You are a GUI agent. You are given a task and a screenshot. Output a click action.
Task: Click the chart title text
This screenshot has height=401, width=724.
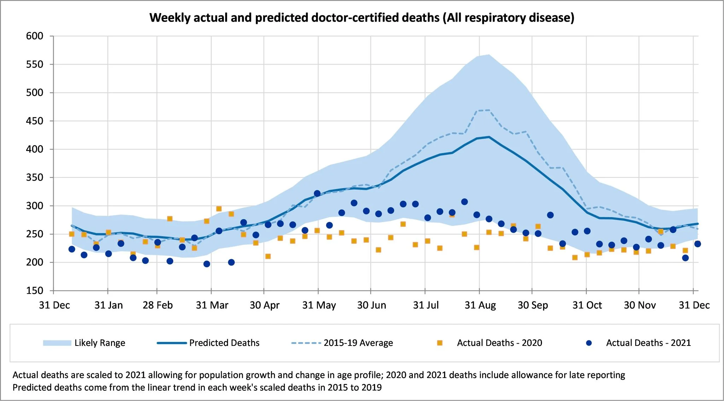(x=362, y=17)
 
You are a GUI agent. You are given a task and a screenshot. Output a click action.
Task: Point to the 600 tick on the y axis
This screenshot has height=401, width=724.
(x=35, y=36)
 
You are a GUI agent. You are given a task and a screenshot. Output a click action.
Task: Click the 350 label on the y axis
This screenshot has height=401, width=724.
(x=35, y=178)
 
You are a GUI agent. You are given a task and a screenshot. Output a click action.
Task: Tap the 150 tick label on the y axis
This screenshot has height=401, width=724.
(x=35, y=291)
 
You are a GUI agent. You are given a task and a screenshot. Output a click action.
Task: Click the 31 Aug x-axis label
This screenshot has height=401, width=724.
(x=480, y=305)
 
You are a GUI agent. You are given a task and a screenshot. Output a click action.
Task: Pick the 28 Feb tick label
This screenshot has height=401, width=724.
(x=158, y=305)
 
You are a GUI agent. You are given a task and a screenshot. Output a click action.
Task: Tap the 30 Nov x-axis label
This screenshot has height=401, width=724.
(x=640, y=305)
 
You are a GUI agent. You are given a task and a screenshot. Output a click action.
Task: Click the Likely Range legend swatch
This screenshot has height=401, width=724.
(x=57, y=343)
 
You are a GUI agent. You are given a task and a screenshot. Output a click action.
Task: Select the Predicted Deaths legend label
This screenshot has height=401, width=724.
(x=224, y=343)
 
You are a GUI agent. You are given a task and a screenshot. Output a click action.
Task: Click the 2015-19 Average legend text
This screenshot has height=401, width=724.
(x=358, y=343)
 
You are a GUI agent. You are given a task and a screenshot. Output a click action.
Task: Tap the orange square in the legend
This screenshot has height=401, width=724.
(x=440, y=343)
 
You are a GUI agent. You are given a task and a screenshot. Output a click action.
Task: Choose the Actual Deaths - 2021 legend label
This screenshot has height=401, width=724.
(x=648, y=343)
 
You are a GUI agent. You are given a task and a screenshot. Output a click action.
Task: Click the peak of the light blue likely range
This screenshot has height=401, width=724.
(x=489, y=55)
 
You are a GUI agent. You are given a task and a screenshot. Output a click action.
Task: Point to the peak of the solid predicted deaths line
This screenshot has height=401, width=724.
(x=489, y=137)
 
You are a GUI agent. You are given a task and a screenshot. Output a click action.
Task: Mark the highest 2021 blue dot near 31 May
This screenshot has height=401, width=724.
(x=317, y=193)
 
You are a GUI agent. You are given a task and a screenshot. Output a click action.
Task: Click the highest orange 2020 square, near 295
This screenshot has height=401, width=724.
(x=219, y=209)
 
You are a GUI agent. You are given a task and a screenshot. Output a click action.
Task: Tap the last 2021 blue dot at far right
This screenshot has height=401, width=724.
(x=697, y=244)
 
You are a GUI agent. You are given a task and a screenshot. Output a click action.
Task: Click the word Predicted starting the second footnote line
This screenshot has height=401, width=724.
(x=31, y=388)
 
